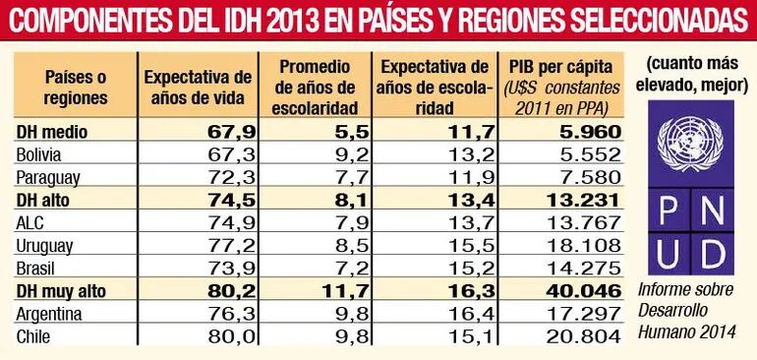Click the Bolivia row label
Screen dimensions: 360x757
[40, 153]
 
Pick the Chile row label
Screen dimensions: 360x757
[35, 337]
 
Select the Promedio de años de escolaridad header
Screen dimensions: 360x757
[317, 86]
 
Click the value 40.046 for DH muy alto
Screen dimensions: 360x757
[587, 291]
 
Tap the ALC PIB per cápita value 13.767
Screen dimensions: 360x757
[587, 222]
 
